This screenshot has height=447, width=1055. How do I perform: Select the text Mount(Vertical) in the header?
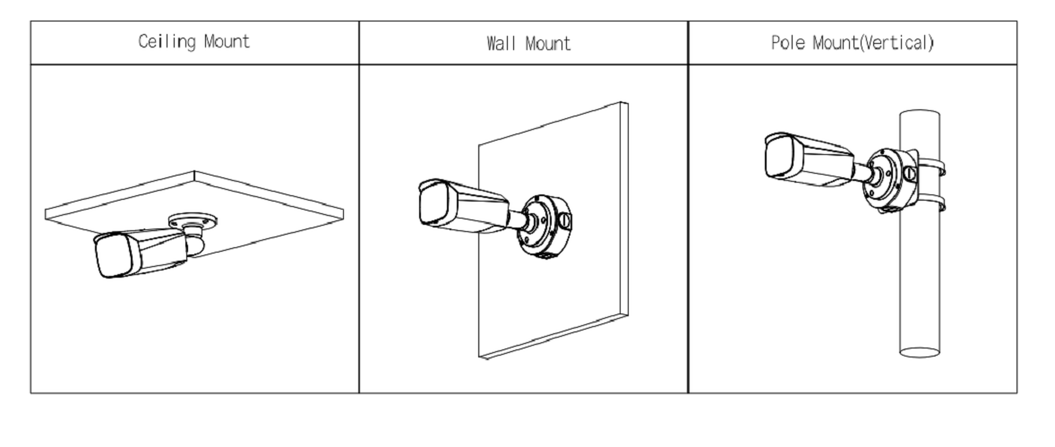pyautogui.click(x=873, y=43)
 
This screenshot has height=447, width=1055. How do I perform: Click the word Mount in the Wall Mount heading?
pyautogui.click(x=548, y=44)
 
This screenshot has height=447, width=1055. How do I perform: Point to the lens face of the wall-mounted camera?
pyautogui.click(x=435, y=203)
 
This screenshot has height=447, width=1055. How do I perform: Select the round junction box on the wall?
pyautogui.click(x=545, y=227)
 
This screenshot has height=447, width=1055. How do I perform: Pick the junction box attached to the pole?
pyautogui.click(x=890, y=180)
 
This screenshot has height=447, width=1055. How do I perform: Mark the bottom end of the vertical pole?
pyautogui.click(x=920, y=353)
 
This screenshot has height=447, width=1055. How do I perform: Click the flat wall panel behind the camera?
pyautogui.click(x=553, y=230)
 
